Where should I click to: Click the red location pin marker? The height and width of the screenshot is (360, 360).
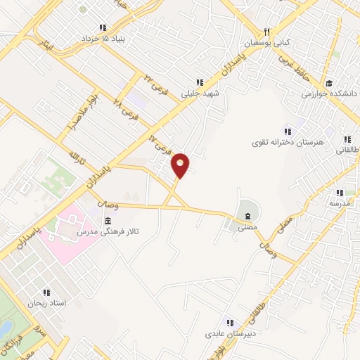181,165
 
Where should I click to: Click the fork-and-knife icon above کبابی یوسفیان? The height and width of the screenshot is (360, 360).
266,32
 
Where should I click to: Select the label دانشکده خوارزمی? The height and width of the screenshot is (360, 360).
330,93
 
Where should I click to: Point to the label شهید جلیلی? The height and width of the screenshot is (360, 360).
202,92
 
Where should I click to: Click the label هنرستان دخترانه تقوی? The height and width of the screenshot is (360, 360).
288,142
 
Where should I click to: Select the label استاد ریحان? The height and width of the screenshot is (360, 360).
46,303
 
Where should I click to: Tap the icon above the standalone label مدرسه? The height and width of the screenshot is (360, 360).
340,192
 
